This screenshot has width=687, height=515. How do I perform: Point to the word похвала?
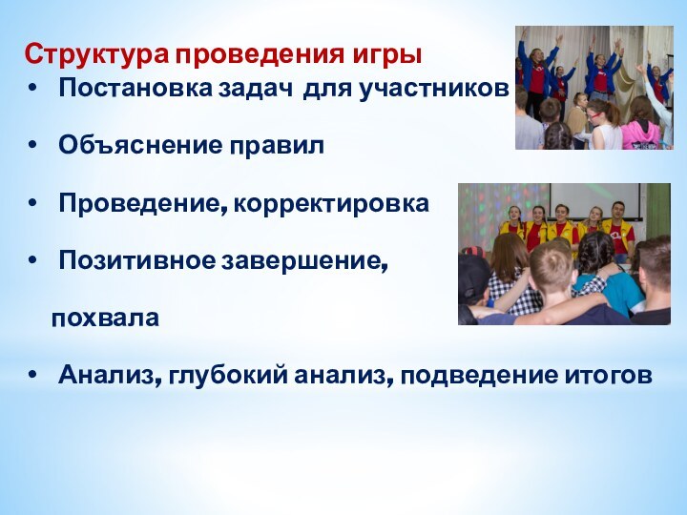coord(105,318)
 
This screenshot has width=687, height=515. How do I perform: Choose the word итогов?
coord(610,375)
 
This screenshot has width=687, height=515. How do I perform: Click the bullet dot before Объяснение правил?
coord(35,147)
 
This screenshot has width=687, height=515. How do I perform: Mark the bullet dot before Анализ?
coord(35,375)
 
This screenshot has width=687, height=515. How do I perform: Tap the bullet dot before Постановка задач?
coord(35,91)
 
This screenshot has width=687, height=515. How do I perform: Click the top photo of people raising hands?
coord(593,88)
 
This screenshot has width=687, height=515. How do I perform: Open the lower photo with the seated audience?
coord(564,254)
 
